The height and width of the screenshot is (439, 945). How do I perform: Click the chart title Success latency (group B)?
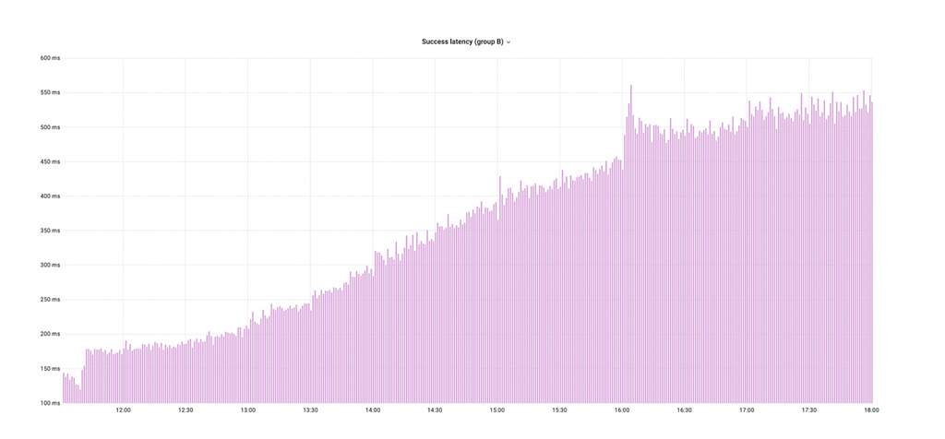click(x=462, y=42)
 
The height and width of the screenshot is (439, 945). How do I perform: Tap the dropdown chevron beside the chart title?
click(x=508, y=42)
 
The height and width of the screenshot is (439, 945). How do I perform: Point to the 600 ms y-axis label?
click(x=50, y=58)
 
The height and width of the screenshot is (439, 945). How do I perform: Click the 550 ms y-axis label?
click(x=50, y=93)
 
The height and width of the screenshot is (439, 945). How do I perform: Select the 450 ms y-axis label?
click(x=50, y=162)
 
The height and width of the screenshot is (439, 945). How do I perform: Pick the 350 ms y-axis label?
click(x=50, y=231)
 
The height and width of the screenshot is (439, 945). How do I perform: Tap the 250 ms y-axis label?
click(x=50, y=300)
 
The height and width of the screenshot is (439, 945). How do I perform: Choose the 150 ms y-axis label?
click(x=50, y=369)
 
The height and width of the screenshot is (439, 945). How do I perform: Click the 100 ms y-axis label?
click(x=50, y=403)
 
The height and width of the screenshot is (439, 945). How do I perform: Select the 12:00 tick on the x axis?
click(x=124, y=410)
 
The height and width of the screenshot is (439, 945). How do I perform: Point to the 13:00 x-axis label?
click(x=247, y=410)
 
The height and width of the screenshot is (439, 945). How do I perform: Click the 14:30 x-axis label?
click(x=436, y=410)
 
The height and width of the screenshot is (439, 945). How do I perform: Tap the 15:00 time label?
click(x=497, y=410)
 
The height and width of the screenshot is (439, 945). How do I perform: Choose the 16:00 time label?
click(x=622, y=410)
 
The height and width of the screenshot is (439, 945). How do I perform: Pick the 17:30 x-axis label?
click(x=809, y=410)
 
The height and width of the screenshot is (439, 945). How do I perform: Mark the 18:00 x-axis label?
click(x=871, y=410)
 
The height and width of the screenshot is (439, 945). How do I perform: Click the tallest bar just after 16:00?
click(x=631, y=243)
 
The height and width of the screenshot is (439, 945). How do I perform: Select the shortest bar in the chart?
click(x=80, y=397)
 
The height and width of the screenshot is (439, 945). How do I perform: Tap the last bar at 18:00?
click(x=871, y=253)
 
